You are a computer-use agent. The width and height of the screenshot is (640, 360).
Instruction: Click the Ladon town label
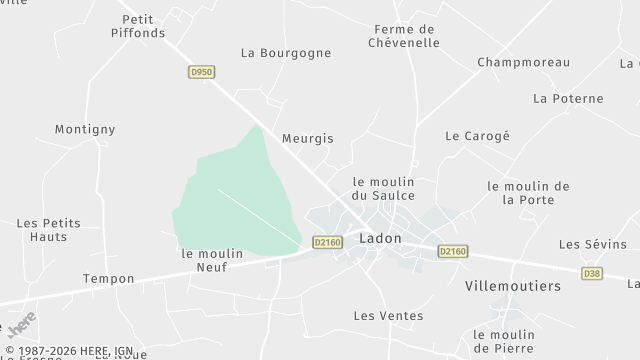click(x=380, y=239)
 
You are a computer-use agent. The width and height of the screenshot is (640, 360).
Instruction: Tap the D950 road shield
click(x=202, y=72)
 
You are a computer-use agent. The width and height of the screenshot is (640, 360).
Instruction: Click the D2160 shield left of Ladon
click(x=327, y=241)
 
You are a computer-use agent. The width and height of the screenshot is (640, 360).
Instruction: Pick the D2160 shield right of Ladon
click(x=453, y=252)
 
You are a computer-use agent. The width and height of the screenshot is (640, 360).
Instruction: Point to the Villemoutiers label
click(x=513, y=286)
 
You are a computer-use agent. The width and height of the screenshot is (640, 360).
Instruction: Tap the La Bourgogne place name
click(x=280, y=52)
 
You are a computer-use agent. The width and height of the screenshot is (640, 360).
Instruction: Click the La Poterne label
click(x=568, y=98)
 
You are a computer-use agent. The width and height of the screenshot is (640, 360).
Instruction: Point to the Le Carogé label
click(x=477, y=135)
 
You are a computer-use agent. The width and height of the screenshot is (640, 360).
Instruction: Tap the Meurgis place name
click(x=307, y=139)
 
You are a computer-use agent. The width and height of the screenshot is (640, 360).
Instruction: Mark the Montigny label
click(x=85, y=129)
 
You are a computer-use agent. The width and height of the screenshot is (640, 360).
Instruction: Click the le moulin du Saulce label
click(x=383, y=188)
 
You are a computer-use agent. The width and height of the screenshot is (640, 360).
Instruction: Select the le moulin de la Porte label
click(x=528, y=192)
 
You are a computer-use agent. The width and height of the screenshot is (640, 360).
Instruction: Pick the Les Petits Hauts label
click(x=48, y=229)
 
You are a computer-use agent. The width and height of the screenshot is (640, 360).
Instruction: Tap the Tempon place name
click(x=108, y=278)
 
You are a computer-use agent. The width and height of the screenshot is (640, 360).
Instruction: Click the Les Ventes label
click(x=388, y=316)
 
